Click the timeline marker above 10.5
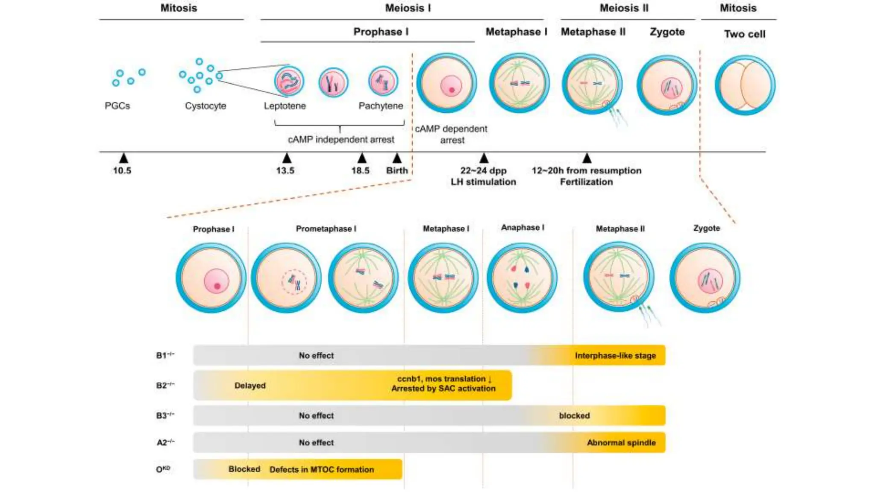123,158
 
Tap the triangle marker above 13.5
287,158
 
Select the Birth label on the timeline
397,170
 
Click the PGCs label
117,106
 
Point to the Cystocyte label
206,106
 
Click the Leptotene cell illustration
289,81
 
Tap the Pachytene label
380,106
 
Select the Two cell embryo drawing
745,85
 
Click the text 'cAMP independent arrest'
341,140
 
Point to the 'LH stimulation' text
483,182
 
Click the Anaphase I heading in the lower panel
523,228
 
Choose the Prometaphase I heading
326,229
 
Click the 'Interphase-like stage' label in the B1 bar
615,356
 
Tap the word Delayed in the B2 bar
250,386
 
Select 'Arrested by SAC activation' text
443,389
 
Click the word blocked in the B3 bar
574,416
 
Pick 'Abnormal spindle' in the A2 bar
621,443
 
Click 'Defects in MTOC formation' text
321,470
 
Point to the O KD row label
163,469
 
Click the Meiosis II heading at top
624,8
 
